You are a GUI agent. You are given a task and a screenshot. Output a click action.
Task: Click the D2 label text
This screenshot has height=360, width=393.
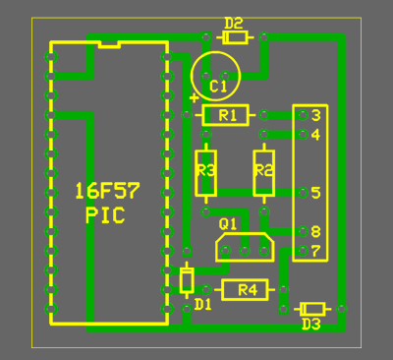click(x=234, y=24)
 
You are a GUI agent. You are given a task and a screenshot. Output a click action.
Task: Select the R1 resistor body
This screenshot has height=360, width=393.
click(x=226, y=115)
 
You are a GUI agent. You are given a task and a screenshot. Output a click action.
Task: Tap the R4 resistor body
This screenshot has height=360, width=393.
click(x=245, y=290)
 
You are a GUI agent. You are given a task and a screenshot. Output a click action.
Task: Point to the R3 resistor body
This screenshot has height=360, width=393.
click(x=205, y=173)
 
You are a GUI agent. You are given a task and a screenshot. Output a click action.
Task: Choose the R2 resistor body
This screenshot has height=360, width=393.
click(x=264, y=173)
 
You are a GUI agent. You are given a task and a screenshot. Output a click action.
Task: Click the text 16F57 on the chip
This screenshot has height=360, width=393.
click(x=107, y=191)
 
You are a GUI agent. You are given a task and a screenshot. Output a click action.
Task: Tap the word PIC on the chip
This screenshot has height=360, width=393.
click(x=105, y=215)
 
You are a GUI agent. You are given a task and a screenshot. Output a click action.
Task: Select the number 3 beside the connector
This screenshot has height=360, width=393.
click(x=315, y=115)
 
